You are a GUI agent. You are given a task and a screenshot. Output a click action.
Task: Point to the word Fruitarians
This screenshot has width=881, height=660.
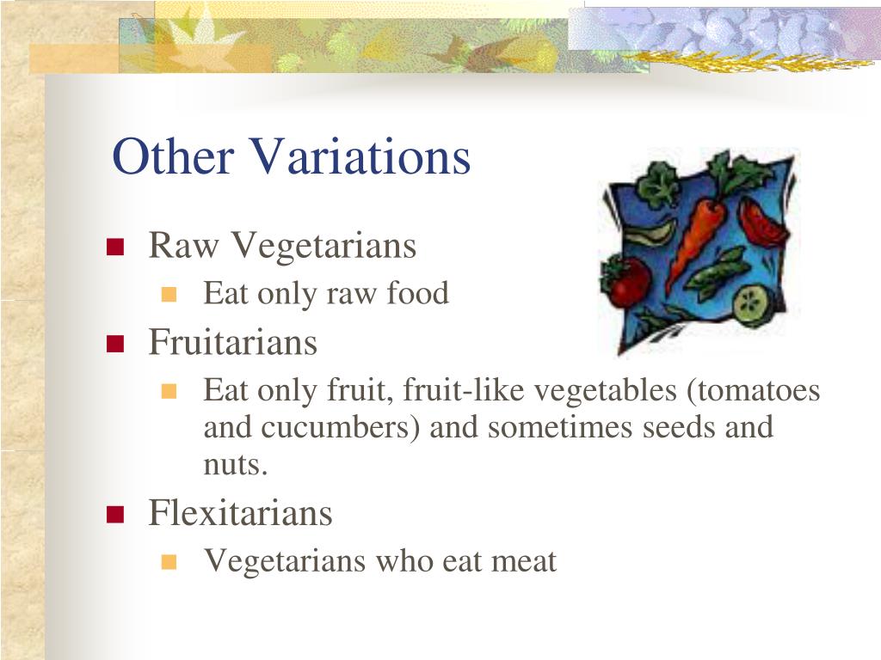tap(233, 342)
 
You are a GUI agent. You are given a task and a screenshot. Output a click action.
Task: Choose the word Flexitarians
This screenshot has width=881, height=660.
tap(240, 513)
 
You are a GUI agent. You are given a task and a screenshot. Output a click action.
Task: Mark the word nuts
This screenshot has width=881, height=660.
tap(235, 464)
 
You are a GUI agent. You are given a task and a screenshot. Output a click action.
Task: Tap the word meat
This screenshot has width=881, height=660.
tap(524, 561)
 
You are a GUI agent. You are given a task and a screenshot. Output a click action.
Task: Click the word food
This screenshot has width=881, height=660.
tap(417, 293)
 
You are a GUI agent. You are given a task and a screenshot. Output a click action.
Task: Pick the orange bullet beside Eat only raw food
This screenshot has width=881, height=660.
tap(169, 295)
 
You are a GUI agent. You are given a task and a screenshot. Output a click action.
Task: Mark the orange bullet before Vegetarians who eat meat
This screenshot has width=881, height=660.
tap(169, 563)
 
